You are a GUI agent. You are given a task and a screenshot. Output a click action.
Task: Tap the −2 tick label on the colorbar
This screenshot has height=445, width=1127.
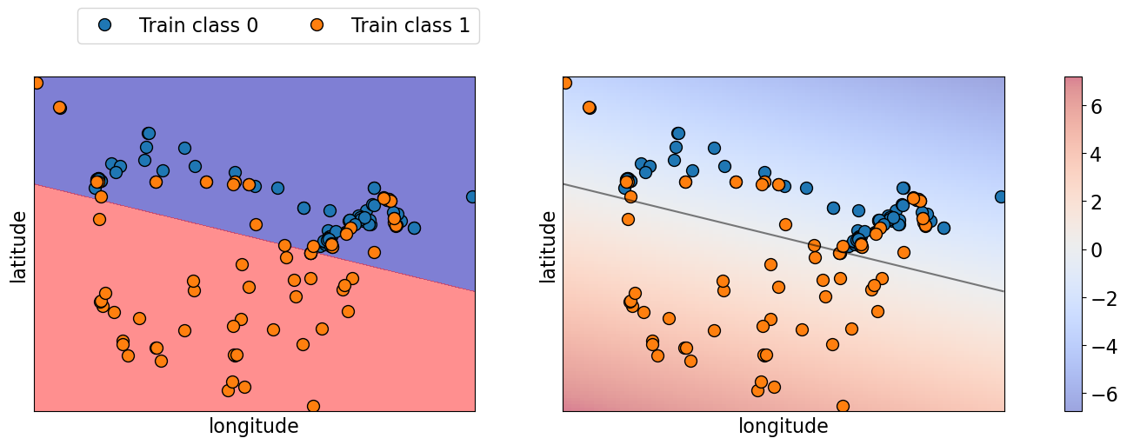[1104, 298]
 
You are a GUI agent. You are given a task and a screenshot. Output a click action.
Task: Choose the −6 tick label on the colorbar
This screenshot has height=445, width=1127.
[1104, 395]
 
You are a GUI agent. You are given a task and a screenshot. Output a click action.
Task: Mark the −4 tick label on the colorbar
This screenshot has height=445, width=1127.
[1104, 347]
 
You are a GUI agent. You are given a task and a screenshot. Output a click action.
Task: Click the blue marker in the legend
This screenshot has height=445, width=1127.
[104, 25]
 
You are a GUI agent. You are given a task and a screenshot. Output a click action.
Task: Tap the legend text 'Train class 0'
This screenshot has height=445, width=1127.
[198, 26]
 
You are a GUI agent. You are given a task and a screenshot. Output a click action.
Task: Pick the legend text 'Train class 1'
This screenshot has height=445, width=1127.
[410, 26]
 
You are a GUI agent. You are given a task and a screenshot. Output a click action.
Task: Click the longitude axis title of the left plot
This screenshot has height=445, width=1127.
[254, 426]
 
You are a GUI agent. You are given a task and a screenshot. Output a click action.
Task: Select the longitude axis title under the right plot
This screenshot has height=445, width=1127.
[783, 426]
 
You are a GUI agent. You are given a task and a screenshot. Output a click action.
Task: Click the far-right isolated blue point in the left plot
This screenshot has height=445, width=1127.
[471, 196]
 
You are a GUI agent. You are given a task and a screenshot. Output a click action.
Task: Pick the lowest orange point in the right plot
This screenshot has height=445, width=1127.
[842, 406]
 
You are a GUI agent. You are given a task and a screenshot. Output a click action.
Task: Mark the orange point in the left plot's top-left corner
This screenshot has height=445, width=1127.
[37, 83]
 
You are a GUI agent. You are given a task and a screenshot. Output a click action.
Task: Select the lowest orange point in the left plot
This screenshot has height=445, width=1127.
[313, 406]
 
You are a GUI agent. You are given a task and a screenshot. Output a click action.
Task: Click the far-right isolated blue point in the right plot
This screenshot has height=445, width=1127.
[1000, 196]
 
